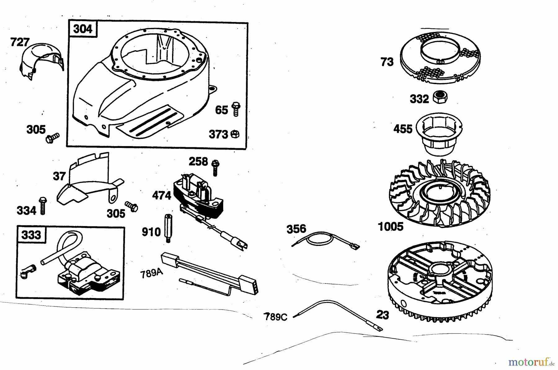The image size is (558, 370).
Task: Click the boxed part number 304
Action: [x=83, y=29]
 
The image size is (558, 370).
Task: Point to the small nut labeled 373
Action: [x=235, y=134]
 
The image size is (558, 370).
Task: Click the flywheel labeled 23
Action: [x=440, y=281]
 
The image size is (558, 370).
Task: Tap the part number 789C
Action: [x=276, y=317]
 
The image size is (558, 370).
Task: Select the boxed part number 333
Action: [x=31, y=235]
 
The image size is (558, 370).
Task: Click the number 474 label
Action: [x=162, y=195]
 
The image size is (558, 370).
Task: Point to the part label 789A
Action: [x=151, y=274]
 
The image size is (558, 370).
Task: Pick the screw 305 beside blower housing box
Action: [x=52, y=137]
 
